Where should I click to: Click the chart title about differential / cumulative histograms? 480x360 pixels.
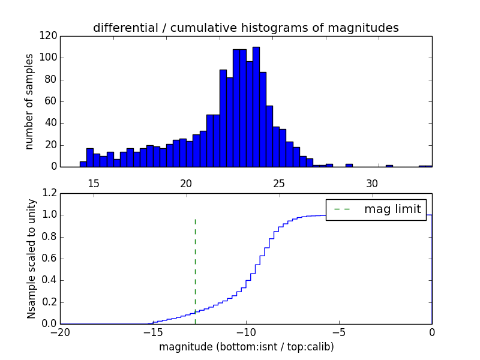245,28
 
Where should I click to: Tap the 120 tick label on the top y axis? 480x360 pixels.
50,36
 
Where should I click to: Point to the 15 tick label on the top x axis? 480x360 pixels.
93,184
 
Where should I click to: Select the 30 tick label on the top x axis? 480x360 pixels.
372,184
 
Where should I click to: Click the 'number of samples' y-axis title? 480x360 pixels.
29,101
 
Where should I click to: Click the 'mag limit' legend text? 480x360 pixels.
392,209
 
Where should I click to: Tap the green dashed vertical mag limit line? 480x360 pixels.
195,264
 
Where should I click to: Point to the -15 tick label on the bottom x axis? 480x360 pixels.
153,332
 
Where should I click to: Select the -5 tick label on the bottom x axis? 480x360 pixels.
339,332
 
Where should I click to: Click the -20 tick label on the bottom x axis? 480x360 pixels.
60,332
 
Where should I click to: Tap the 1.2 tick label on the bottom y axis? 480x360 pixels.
49,193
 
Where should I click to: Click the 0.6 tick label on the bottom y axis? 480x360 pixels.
49,259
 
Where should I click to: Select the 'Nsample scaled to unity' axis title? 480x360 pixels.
31,258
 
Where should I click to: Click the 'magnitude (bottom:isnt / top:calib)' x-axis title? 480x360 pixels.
246,347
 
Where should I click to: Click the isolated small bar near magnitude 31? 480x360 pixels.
389,166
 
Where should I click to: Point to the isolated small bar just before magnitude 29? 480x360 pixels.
349,165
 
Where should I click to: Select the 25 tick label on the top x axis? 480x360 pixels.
279,184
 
